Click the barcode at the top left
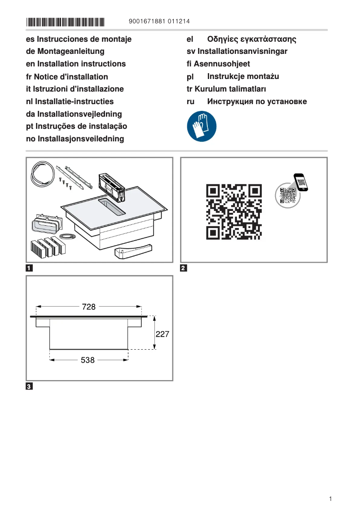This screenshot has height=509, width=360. tap(65, 22)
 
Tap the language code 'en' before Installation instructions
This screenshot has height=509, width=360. tap(31, 64)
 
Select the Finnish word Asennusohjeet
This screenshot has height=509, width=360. tap(222, 64)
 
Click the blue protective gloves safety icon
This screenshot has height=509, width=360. tap(202, 127)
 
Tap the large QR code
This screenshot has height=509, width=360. tap(233, 211)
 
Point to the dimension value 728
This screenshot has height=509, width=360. tap(89, 307)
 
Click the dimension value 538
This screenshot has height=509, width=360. tap(88, 360)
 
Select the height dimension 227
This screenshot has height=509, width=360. tap(162, 334)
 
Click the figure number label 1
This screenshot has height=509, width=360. tap(29, 269)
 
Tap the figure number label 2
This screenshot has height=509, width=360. tap(183, 269)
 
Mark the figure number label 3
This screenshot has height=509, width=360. tap(29, 386)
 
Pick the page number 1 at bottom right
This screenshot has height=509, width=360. tap(330, 499)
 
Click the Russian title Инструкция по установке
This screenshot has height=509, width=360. tap(257, 101)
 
